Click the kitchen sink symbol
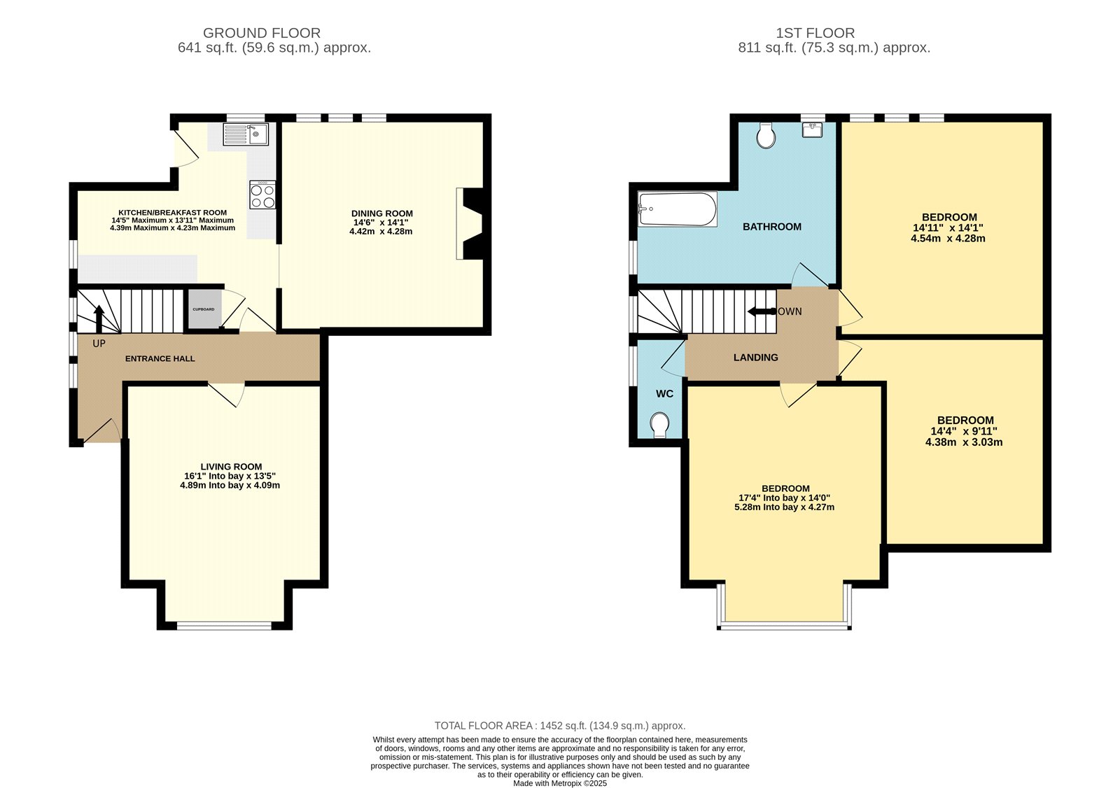click(246, 134)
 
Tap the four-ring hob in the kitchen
click(262, 195)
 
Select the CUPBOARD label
click(204, 309)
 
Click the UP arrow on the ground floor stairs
click(99, 318)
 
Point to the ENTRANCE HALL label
click(160, 358)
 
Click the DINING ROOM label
click(382, 213)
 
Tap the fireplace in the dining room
click(469, 224)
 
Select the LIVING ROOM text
click(231, 467)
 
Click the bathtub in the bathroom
click(678, 209)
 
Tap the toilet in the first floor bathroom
click(766, 136)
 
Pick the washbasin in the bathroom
click(813, 130)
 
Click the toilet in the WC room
click(659, 424)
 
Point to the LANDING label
click(755, 358)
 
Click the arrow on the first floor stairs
click(760, 311)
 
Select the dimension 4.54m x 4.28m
click(948, 238)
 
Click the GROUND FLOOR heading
click(262, 33)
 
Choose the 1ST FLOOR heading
click(815, 33)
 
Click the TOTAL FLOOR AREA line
click(560, 726)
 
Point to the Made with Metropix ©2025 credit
click(560, 783)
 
